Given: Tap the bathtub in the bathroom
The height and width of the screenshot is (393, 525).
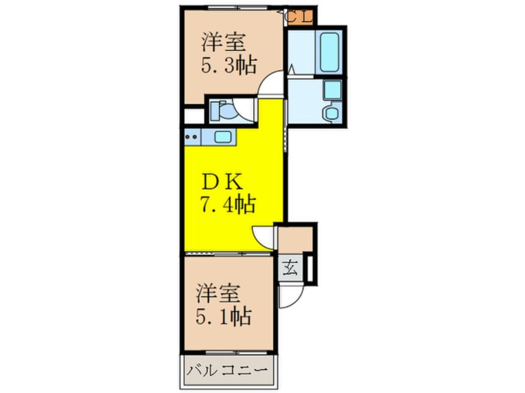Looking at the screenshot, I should [x=329, y=50].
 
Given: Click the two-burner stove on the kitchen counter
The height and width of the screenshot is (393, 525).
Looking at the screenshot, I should [x=192, y=137].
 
